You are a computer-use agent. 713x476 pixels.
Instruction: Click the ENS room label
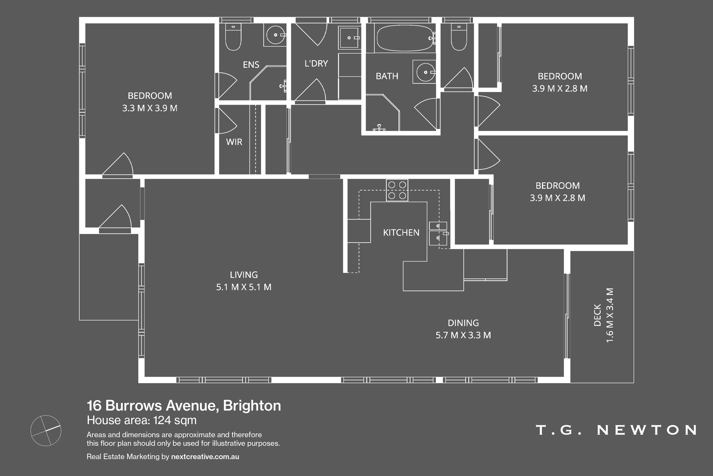(251, 65)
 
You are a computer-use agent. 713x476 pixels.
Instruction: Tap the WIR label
(234, 142)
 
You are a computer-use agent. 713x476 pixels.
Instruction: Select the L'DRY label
(316, 64)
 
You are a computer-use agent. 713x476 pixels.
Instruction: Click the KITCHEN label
(401, 233)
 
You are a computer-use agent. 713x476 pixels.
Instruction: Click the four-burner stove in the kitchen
(397, 190)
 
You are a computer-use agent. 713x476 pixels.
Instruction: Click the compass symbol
(46, 431)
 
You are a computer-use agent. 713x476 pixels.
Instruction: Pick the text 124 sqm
(175, 420)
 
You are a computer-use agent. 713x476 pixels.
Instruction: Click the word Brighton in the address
(252, 406)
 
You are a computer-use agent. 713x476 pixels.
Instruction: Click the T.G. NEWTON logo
(616, 430)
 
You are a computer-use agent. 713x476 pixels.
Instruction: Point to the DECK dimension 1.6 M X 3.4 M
(610, 315)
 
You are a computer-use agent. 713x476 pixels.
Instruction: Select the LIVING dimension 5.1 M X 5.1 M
(244, 287)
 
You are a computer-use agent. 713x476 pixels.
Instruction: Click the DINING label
(463, 323)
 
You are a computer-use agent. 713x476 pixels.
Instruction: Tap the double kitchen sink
(438, 233)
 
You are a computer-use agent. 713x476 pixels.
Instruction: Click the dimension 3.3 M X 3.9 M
(150, 108)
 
